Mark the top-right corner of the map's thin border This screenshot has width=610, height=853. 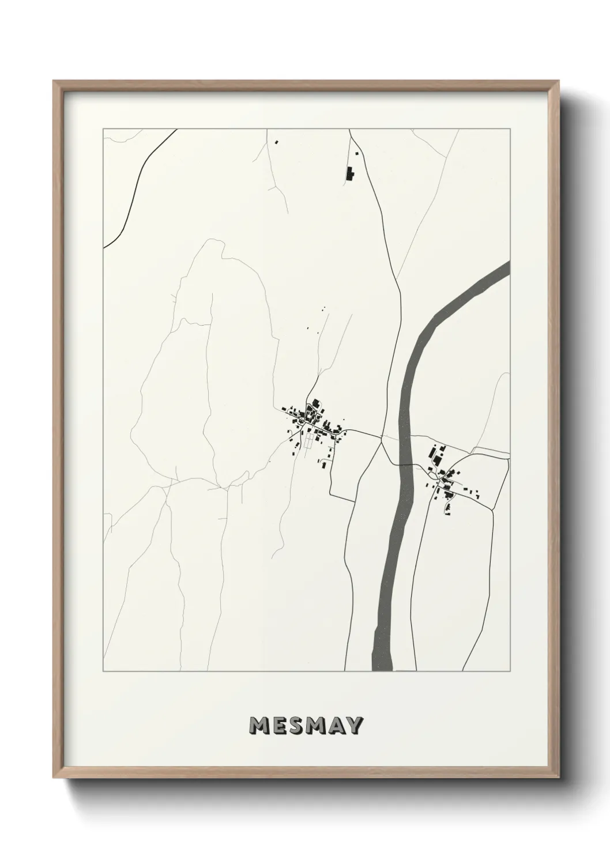[510, 129]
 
